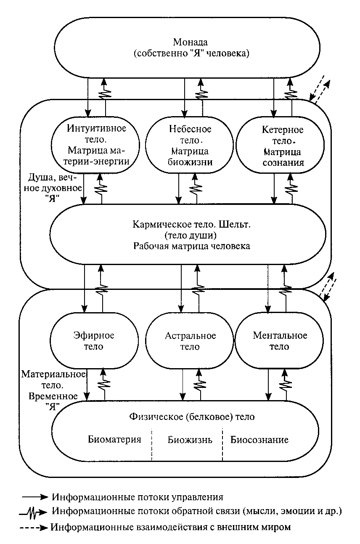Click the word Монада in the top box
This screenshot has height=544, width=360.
coord(191,42)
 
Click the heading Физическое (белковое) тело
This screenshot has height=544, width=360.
coord(192,417)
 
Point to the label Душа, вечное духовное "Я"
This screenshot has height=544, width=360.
coord(53,188)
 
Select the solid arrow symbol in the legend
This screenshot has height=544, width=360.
coord(35,497)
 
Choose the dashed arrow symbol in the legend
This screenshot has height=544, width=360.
coord(34,528)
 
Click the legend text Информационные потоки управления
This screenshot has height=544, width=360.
coord(138,497)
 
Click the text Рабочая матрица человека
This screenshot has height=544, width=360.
coord(192,246)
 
